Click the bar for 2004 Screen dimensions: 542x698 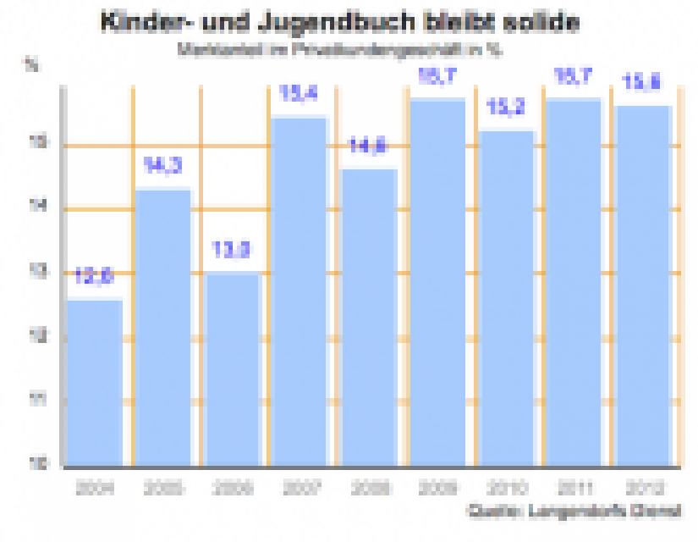tap(94, 383)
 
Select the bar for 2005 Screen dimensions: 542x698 tap(163, 328)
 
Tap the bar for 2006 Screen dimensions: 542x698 tap(233, 369)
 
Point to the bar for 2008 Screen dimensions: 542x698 tap(370, 318)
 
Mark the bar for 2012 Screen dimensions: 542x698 tap(643, 286)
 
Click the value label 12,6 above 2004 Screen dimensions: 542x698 tap(94, 277)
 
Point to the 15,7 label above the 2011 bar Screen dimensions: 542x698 tap(575, 77)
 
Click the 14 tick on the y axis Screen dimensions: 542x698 tap(41, 207)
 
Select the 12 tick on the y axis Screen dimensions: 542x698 tap(41, 337)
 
